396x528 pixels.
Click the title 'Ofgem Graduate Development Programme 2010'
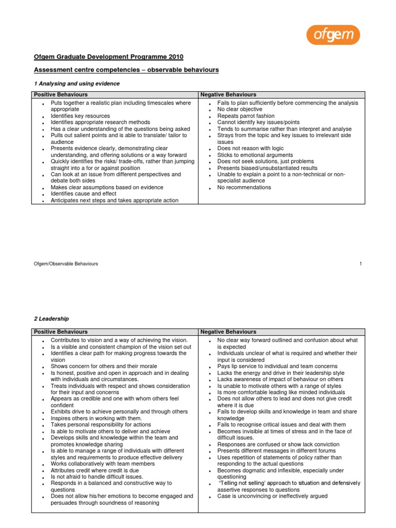108,57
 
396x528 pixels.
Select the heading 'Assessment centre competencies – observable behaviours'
126,70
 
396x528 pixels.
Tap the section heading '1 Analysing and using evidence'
77,84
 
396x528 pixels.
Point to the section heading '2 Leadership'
52,319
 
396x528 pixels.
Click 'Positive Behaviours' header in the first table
61,95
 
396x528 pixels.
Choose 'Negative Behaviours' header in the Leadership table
228,332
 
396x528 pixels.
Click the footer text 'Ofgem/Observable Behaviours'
66,263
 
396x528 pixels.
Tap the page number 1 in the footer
361,263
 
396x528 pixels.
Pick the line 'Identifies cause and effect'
84,194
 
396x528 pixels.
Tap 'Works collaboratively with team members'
102,464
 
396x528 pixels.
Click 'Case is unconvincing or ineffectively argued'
272,496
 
